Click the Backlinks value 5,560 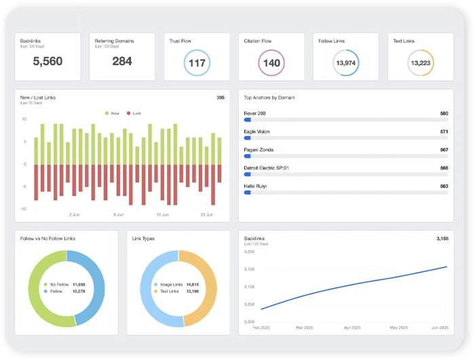tap(47, 62)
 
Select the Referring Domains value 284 tap(122, 62)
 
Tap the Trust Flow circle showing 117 tap(197, 63)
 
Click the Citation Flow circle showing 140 tap(271, 63)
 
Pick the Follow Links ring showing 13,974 tap(345, 63)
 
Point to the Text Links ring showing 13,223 tap(420, 63)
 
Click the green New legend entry tap(113, 113)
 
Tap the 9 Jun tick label tap(119, 215)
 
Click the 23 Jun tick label tap(206, 215)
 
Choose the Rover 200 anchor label tap(255, 113)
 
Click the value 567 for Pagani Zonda tap(444, 149)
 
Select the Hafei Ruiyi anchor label tap(256, 186)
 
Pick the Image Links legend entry tap(168, 285)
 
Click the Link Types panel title tap(144, 238)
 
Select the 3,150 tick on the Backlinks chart tap(248, 269)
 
